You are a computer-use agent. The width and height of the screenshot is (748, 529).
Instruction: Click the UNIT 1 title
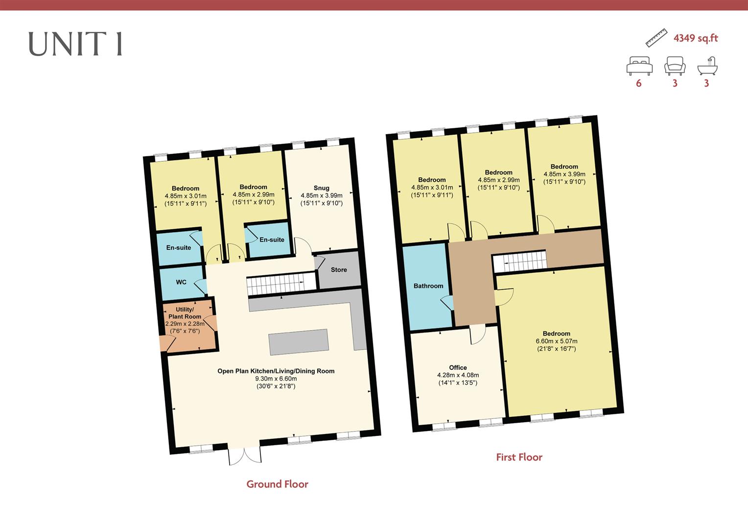pyautogui.click(x=75, y=44)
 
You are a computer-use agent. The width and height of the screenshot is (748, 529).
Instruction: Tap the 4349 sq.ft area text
pyautogui.click(x=695, y=38)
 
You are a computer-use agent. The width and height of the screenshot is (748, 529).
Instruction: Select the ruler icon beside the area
pyautogui.click(x=656, y=38)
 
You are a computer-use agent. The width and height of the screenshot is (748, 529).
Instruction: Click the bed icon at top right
pyautogui.click(x=639, y=66)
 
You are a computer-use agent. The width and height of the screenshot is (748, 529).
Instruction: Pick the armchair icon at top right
pyautogui.click(x=675, y=66)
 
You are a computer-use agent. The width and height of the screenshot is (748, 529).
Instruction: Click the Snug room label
pyautogui.click(x=321, y=188)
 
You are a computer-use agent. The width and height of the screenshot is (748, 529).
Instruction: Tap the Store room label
pyautogui.click(x=339, y=270)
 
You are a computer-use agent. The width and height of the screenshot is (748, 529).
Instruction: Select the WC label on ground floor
pyautogui.click(x=181, y=282)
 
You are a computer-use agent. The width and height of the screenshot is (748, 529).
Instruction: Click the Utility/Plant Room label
pyautogui.click(x=185, y=313)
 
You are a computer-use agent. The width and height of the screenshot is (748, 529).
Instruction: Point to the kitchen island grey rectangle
pyautogui.click(x=299, y=341)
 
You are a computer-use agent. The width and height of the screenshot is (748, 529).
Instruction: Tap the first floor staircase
pyautogui.click(x=519, y=262)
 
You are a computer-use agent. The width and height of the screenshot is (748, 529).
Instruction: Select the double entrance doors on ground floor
pyautogui.click(x=245, y=455)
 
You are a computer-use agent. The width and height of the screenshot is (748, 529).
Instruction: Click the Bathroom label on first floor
pyautogui.click(x=428, y=286)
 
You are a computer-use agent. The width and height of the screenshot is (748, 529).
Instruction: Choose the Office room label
pyautogui.click(x=458, y=367)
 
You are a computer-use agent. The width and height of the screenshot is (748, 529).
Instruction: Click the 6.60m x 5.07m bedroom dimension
pyautogui.click(x=556, y=341)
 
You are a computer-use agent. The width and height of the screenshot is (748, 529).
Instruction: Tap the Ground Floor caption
pyautogui.click(x=277, y=484)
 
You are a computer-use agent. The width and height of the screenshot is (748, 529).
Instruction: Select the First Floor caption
pyautogui.click(x=519, y=457)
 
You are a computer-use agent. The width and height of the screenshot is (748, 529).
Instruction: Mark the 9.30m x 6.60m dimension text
pyautogui.click(x=276, y=379)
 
